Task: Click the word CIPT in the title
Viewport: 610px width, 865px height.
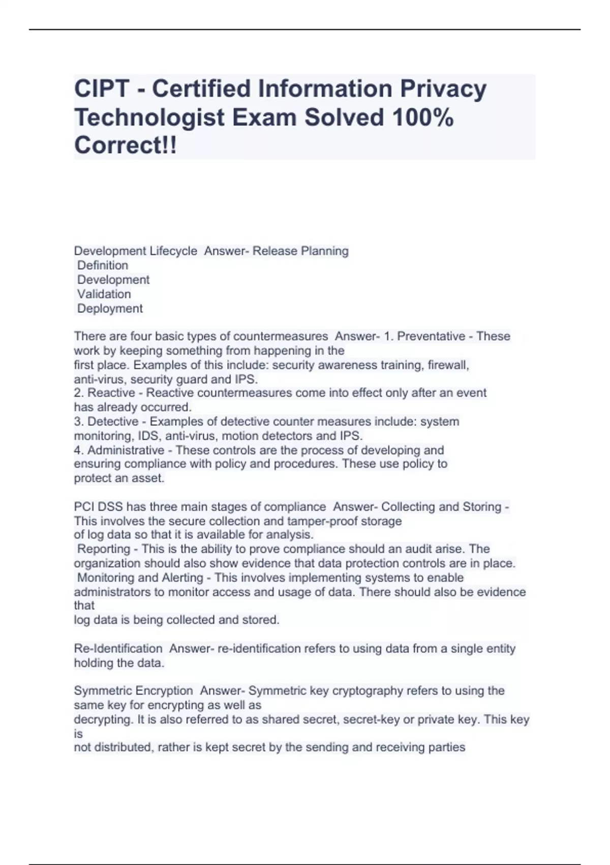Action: (x=102, y=89)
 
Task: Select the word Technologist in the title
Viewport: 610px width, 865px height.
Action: (x=149, y=118)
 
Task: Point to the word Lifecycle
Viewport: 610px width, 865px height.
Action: (x=173, y=251)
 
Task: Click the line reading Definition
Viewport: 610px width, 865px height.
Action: (x=103, y=265)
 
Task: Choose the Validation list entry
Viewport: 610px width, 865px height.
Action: (x=104, y=294)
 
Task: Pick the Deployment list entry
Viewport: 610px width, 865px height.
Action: (x=110, y=308)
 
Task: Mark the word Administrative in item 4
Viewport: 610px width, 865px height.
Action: (x=126, y=450)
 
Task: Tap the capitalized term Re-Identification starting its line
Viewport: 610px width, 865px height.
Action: (x=118, y=649)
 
